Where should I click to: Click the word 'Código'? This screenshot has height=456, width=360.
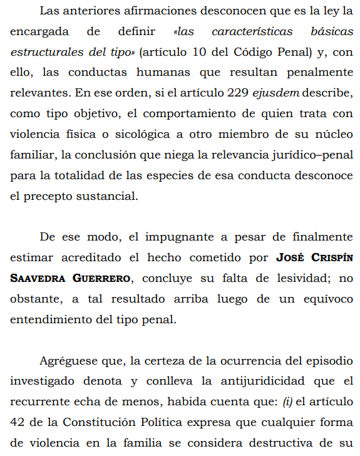point(248,52)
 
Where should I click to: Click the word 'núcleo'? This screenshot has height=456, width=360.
point(327,135)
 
